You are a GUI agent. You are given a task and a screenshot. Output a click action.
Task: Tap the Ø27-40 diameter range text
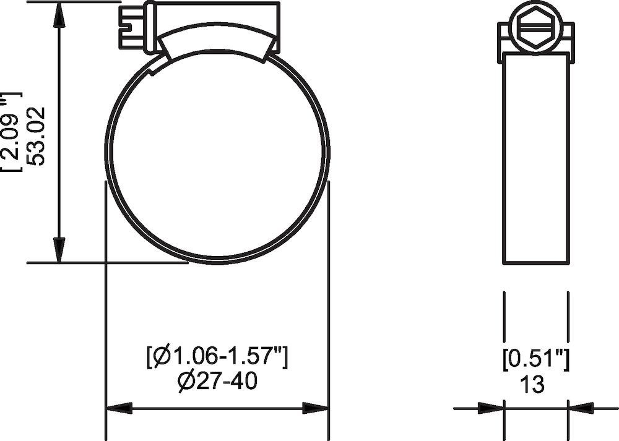pyautogui.click(x=217, y=380)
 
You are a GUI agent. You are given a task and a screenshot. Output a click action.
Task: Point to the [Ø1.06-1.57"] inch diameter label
pyautogui.click(x=217, y=357)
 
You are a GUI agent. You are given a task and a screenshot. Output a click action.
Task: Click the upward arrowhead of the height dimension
pyautogui.click(x=59, y=15)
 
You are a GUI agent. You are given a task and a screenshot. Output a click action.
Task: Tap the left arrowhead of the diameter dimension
pyautogui.click(x=119, y=408)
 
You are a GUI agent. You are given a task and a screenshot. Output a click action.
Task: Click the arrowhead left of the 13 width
pyautogui.click(x=491, y=408)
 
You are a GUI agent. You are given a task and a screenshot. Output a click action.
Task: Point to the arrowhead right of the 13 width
pyautogui.click(x=581, y=408)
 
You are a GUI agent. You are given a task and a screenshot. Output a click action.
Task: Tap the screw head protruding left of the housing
pyautogui.click(x=131, y=27)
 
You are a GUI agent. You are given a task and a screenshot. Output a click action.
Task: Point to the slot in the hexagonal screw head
pyautogui.click(x=536, y=27)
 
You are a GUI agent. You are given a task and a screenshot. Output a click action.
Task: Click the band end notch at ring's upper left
pyautogui.click(x=158, y=67)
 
